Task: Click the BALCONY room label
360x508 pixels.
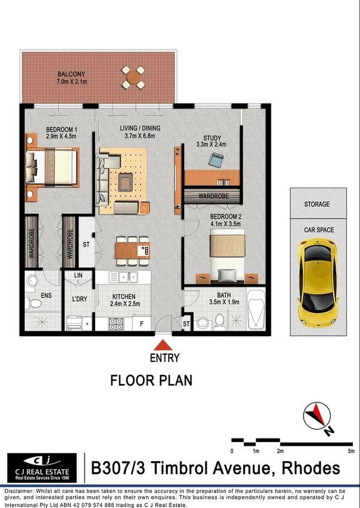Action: pos(71,74)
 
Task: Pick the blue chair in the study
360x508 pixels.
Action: pos(216,159)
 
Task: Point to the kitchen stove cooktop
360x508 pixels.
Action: pos(116,323)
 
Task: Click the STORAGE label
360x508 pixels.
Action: pos(317,204)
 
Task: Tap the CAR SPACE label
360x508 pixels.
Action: pos(317,229)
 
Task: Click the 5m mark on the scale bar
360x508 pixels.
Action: pos(350,450)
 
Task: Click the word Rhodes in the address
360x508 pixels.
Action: pos(311,468)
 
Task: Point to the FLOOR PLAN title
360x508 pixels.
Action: pos(152,380)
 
